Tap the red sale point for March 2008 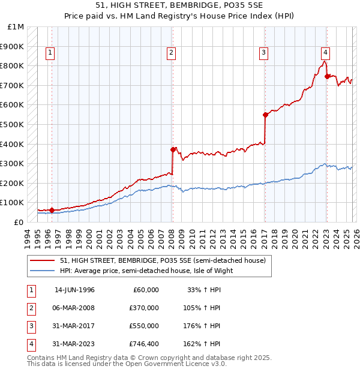(173, 149)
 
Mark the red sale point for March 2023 (326, 76)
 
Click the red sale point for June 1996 (52, 210)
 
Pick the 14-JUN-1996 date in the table (74, 290)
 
